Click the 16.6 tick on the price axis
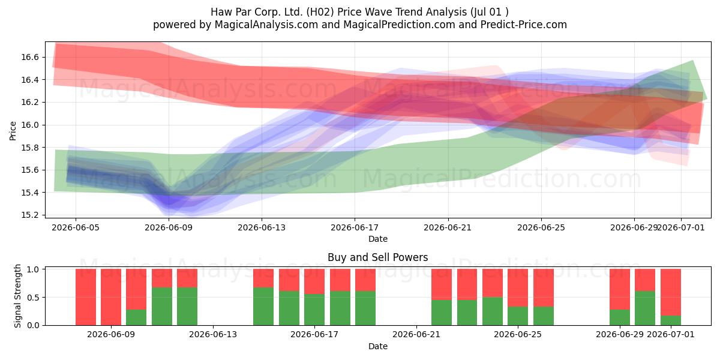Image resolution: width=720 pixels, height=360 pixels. [29, 57]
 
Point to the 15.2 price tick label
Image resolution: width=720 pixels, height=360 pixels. [29, 215]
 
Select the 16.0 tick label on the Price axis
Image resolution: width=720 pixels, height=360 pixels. [29, 125]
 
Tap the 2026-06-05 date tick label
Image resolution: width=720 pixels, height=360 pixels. [76, 227]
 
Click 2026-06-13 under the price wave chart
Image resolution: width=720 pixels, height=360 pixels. [262, 227]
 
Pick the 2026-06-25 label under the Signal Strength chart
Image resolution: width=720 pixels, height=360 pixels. [517, 335]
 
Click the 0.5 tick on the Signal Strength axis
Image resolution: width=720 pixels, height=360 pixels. [33, 298]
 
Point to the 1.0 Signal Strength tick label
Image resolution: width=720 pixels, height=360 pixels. [33, 269]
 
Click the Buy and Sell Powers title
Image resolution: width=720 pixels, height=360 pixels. [377, 257]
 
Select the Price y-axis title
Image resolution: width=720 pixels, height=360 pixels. [13, 131]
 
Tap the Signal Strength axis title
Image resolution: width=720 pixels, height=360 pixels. [17, 296]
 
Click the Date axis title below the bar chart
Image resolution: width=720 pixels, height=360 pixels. [378, 346]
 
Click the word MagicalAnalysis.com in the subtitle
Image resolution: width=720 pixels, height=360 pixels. [266, 25]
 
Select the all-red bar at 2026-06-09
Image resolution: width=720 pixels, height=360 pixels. [111, 297]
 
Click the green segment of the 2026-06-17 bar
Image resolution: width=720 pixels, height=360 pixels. [314, 310]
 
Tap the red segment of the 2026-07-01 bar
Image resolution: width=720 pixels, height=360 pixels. [671, 292]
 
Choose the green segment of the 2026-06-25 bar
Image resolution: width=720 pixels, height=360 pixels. [517, 316]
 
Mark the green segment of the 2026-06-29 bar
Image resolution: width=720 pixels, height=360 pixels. [620, 317]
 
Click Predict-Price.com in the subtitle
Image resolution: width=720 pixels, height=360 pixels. [524, 25]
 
